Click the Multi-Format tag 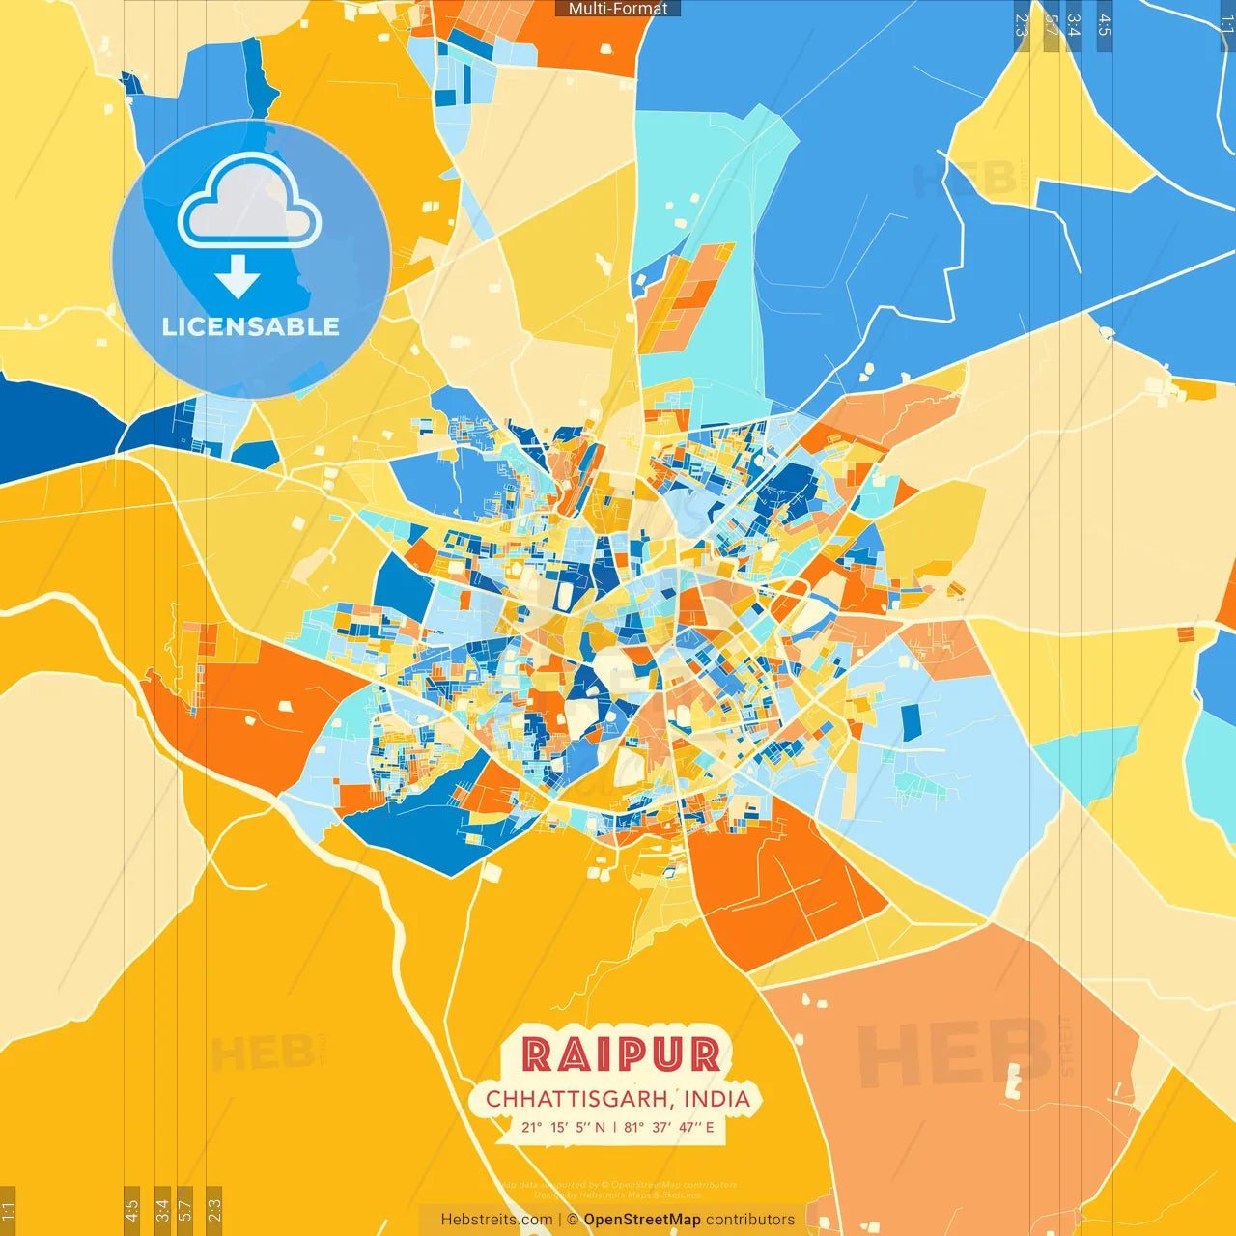pyautogui.click(x=618, y=9)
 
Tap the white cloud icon pyautogui.click(x=250, y=203)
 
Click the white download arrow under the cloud pyautogui.click(x=238, y=276)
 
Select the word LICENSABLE pyautogui.click(x=251, y=326)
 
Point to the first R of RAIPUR pyautogui.click(x=537, y=1054)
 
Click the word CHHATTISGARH pyautogui.click(x=576, y=1099)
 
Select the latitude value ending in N pyautogui.click(x=564, y=1127)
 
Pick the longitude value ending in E pyautogui.click(x=669, y=1127)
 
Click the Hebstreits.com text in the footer pyautogui.click(x=496, y=1220)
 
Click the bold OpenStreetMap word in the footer pyautogui.click(x=642, y=1220)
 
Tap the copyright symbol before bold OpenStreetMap pyautogui.click(x=573, y=1220)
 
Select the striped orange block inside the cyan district pyautogui.click(x=681, y=295)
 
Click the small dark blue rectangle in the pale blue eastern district pyautogui.click(x=912, y=722)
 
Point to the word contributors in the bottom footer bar pyautogui.click(x=750, y=1220)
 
